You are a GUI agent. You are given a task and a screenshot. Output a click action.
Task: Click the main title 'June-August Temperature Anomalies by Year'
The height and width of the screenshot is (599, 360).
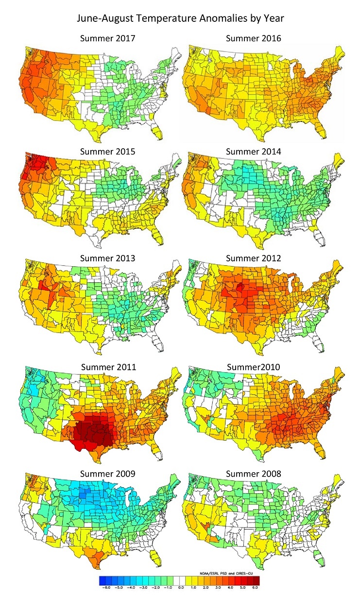point(180,20)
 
